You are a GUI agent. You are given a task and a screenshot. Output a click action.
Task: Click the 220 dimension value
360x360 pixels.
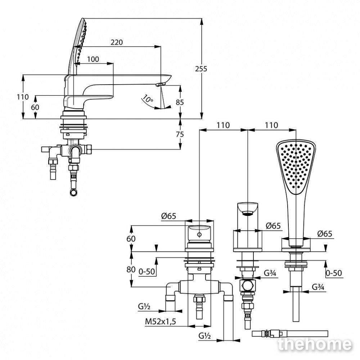117,42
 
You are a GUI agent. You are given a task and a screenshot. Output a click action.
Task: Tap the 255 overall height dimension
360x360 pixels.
201,69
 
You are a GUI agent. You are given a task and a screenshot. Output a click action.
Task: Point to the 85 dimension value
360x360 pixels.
180,102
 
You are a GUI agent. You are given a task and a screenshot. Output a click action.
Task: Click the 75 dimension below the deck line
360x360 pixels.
180,134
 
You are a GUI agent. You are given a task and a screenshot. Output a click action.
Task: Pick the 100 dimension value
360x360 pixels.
93,59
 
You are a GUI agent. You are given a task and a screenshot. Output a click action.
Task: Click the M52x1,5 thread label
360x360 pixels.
160,321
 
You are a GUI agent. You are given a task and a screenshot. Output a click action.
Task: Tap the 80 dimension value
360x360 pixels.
131,269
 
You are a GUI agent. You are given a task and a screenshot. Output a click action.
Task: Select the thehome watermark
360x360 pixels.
315,345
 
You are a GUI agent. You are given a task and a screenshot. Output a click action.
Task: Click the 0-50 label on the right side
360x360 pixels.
334,273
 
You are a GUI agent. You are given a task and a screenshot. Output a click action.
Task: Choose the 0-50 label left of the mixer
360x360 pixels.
147,271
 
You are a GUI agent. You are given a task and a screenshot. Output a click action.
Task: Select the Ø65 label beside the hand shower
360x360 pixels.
325,234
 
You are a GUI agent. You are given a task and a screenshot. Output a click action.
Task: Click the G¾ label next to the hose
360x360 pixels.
318,287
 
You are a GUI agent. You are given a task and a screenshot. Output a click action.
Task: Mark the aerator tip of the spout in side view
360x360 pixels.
161,85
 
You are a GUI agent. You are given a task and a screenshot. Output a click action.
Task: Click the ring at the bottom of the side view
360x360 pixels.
74,192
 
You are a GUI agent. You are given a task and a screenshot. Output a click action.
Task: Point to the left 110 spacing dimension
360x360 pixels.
223,125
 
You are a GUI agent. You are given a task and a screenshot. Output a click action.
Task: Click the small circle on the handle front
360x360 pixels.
199,235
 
